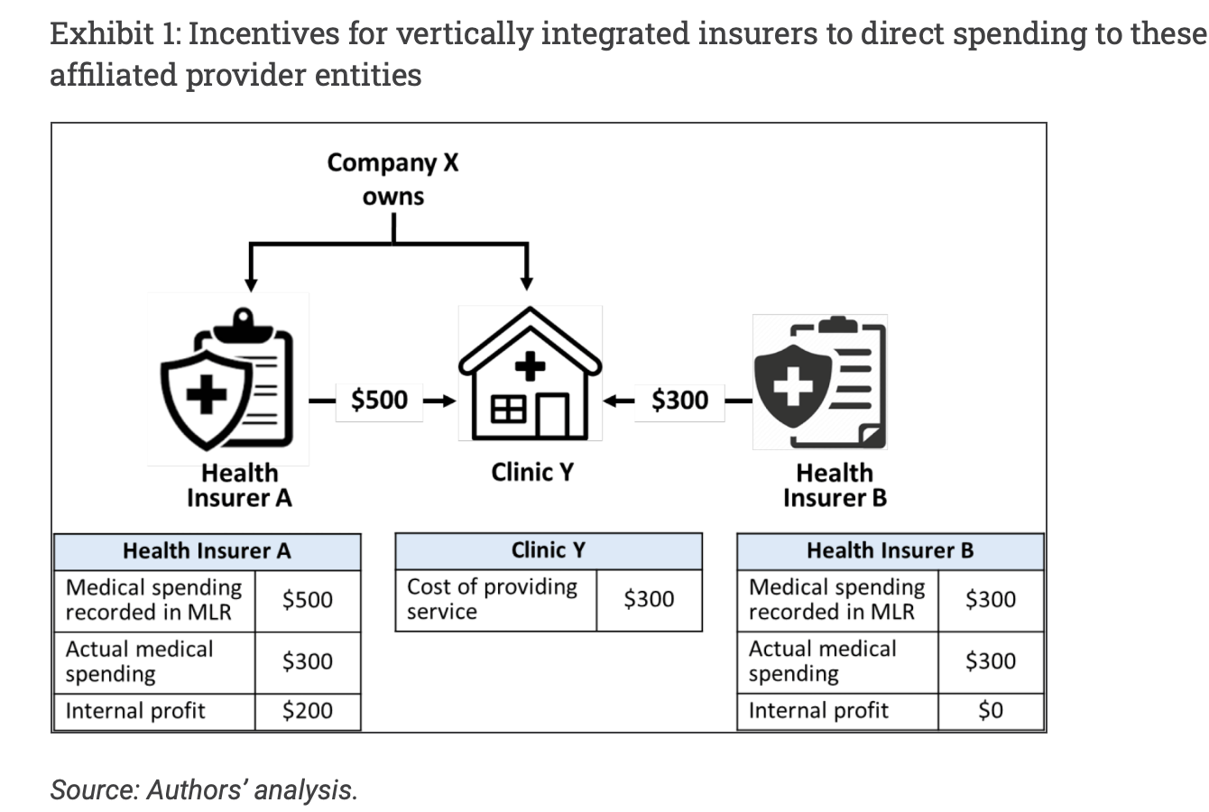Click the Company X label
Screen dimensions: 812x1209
pyautogui.click(x=392, y=162)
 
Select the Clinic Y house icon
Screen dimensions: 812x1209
pyautogui.click(x=530, y=374)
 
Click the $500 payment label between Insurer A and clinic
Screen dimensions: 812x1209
pyautogui.click(x=379, y=400)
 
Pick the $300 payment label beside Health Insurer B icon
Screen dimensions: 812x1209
pyautogui.click(x=679, y=400)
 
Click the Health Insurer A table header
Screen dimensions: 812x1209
pyautogui.click(x=207, y=550)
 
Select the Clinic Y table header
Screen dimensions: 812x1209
pyautogui.click(x=548, y=549)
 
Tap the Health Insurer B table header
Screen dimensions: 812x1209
pyautogui.click(x=890, y=550)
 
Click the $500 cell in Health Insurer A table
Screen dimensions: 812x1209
pyautogui.click(x=307, y=599)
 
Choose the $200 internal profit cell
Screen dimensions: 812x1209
pyautogui.click(x=307, y=711)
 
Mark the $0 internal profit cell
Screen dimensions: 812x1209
pyautogui.click(x=991, y=711)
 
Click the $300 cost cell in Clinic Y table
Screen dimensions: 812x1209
pyautogui.click(x=649, y=598)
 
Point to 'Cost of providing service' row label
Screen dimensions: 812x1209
pyautogui.click(x=492, y=598)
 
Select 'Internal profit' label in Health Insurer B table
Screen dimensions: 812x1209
pyautogui.click(x=818, y=711)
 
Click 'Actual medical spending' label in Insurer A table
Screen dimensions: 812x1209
pyautogui.click(x=140, y=661)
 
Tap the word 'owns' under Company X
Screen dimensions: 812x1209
pyautogui.click(x=392, y=197)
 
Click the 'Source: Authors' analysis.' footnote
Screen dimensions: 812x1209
pyautogui.click(x=204, y=789)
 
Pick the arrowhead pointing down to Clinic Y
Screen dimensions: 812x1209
pyautogui.click(x=528, y=282)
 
